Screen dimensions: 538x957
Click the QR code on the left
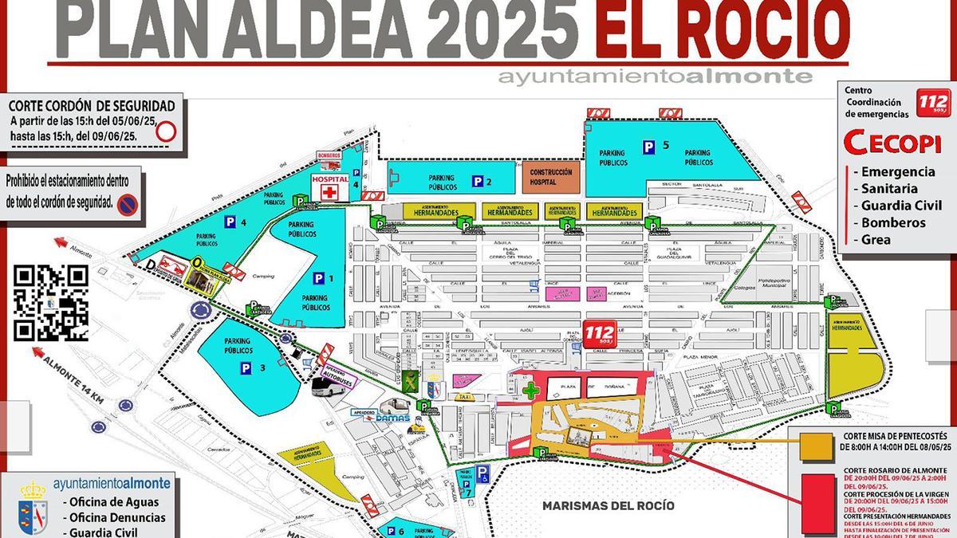51,303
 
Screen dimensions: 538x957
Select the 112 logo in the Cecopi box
934,103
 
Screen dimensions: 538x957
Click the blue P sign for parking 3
240,367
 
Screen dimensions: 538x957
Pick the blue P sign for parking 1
319,278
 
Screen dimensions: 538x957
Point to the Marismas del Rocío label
608,506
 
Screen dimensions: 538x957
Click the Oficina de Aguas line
114,502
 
